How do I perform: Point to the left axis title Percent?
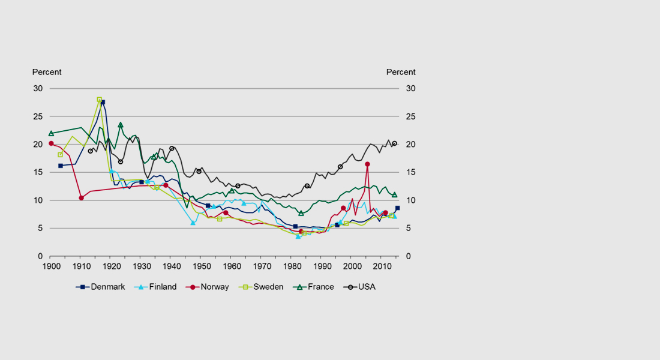coord(47,72)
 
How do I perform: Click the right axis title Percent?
coord(400,72)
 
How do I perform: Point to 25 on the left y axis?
coord(38,116)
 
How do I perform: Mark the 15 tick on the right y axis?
coord(412,172)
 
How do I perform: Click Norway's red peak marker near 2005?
coord(367,164)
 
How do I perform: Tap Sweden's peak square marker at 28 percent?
coord(99,100)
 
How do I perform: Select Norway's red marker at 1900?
coord(51,143)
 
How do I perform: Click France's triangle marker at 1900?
coord(51,133)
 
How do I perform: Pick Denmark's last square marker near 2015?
coord(397,208)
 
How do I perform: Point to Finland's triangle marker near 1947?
coord(193,223)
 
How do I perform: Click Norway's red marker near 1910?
coord(81,198)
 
